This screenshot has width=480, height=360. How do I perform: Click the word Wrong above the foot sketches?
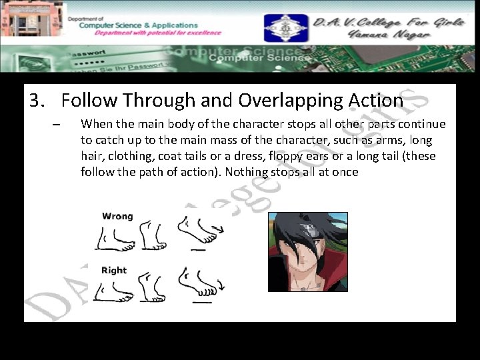[117, 216]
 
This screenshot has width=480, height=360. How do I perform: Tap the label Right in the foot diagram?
[114, 270]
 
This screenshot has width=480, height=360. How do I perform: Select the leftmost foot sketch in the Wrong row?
[115, 237]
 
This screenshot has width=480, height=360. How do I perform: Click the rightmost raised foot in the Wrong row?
[198, 231]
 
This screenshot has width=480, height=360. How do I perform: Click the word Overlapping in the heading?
[291, 100]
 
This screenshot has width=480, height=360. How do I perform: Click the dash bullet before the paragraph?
[56, 125]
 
